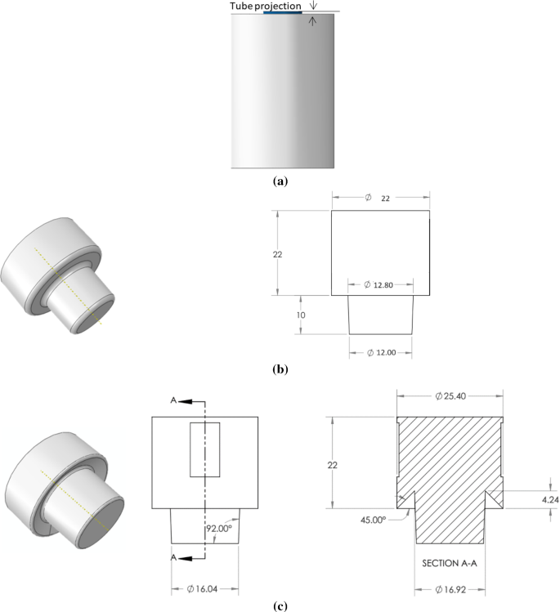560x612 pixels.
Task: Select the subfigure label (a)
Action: pos(281,181)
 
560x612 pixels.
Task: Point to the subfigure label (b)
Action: pos(281,369)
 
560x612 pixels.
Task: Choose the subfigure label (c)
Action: pos(281,605)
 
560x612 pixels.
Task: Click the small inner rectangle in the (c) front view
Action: pos(204,449)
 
